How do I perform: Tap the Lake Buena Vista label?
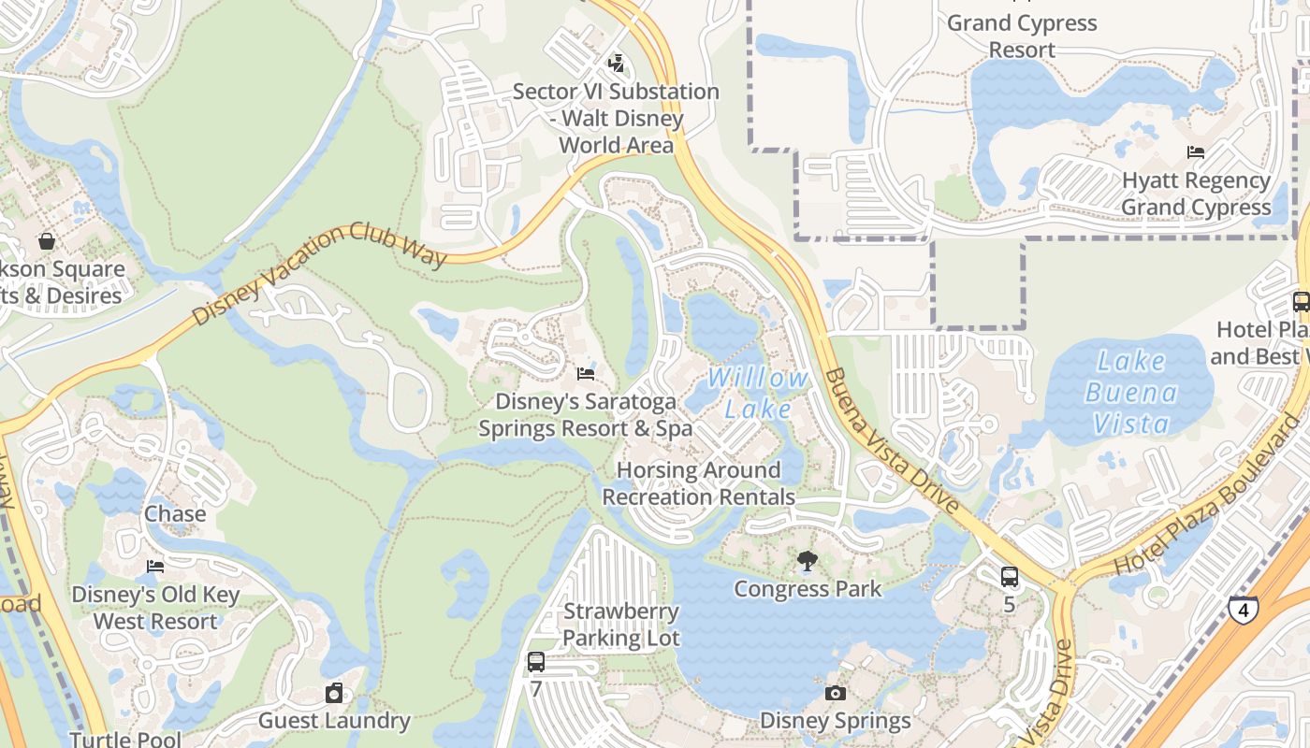tap(1130, 393)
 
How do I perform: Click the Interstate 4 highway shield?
tap(1244, 609)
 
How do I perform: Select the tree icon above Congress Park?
tap(807, 561)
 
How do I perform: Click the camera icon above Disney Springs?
tap(836, 693)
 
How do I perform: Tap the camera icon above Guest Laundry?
tap(334, 693)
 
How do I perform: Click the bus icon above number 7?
tap(535, 662)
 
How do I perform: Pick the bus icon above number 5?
tap(1009, 577)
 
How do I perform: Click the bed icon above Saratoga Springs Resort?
tap(586, 374)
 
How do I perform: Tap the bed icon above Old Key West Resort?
tap(155, 567)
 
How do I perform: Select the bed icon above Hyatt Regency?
tap(1195, 152)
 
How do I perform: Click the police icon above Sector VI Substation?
tap(616, 64)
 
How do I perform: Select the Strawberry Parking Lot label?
tap(621, 625)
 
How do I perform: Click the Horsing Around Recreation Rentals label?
tap(698, 483)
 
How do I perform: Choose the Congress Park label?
tap(807, 589)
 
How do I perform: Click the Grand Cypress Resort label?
tap(1022, 36)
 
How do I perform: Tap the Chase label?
tap(175, 514)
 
